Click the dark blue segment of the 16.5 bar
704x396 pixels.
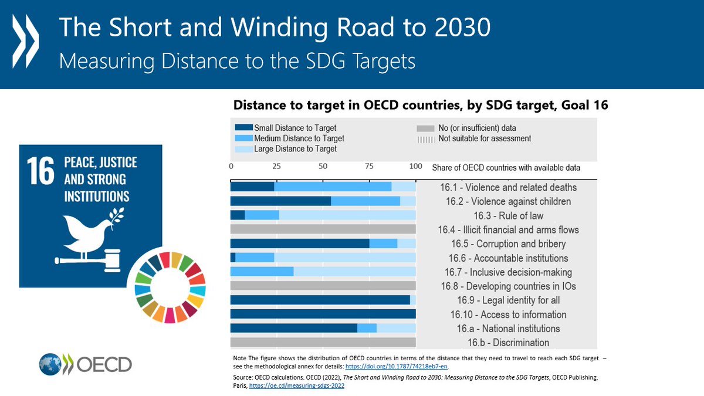coord(299,243)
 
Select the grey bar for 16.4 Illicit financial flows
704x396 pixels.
coord(323,229)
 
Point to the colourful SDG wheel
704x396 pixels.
coord(170,288)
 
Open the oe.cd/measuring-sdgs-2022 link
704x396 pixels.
coord(299,387)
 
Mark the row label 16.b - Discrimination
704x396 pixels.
coord(508,343)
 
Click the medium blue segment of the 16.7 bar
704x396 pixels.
coord(262,272)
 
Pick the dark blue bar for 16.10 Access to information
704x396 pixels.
coord(323,314)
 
